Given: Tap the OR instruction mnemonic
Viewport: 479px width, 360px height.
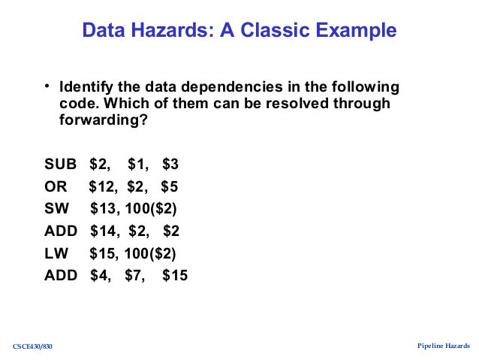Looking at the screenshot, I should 56,186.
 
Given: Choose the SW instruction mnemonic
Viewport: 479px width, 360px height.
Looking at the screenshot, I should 57,208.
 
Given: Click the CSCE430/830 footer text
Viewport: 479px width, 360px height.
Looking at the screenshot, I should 33,346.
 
